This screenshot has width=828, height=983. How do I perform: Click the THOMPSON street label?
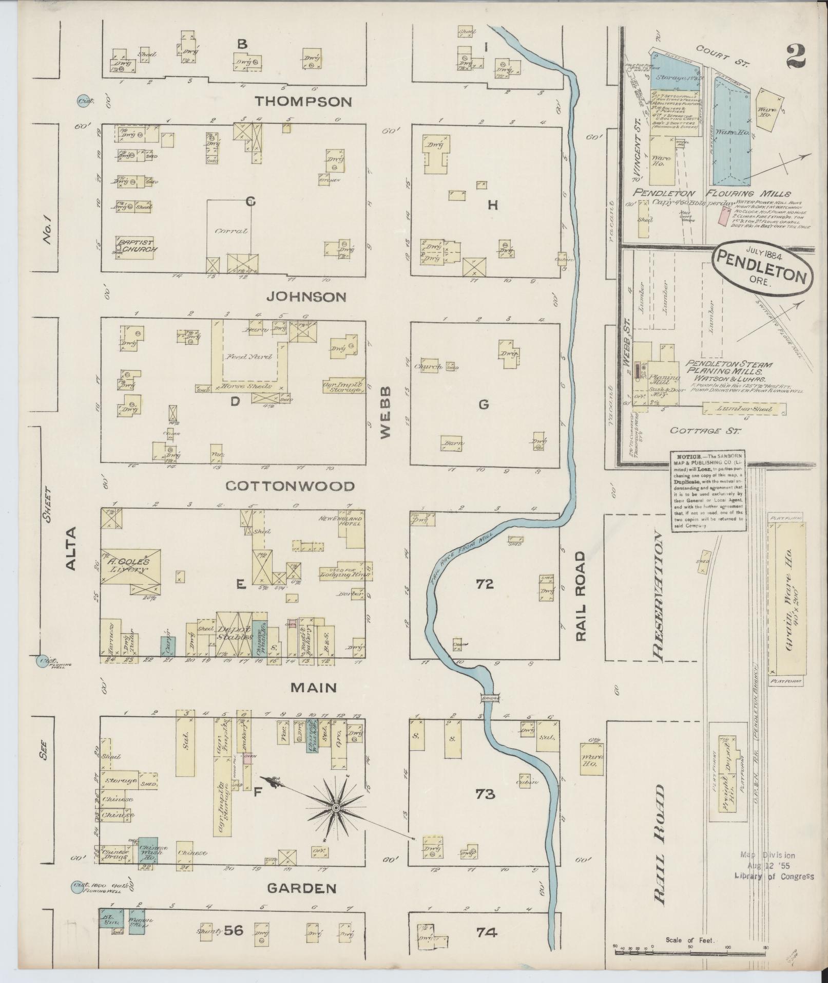303,102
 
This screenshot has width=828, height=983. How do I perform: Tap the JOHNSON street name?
306,297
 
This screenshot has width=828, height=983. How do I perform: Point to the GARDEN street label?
302,888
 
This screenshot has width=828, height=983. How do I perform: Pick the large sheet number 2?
796,55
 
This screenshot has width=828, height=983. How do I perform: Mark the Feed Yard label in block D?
247,356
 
